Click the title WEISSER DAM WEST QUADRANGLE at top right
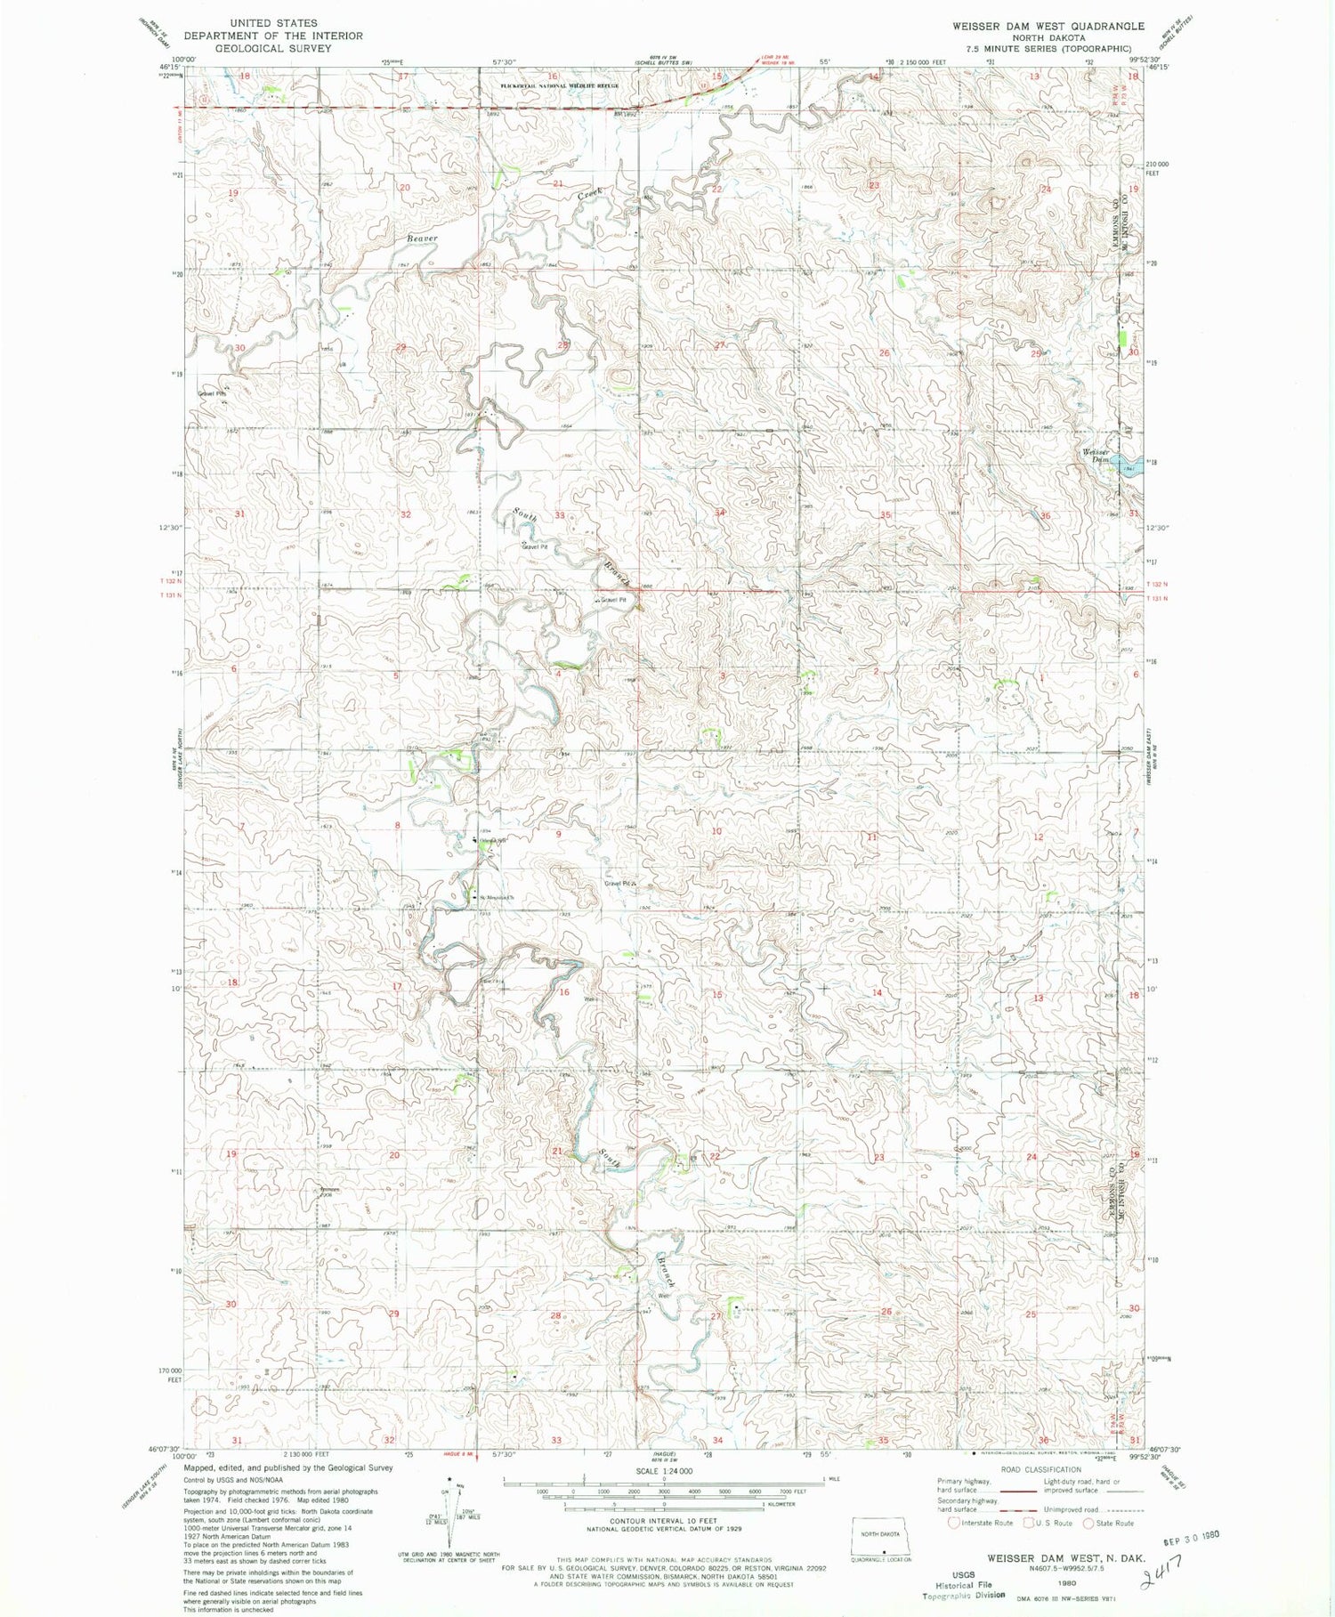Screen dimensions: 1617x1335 click(1048, 27)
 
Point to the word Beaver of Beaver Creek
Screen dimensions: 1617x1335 click(422, 239)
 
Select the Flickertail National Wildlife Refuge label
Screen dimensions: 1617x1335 click(559, 85)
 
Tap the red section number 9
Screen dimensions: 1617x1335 click(558, 834)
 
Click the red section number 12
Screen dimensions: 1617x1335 click(1038, 837)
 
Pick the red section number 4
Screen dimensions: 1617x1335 click(558, 674)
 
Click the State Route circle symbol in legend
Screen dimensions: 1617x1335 click(1088, 1523)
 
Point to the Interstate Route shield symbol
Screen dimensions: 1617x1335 click(953, 1523)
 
